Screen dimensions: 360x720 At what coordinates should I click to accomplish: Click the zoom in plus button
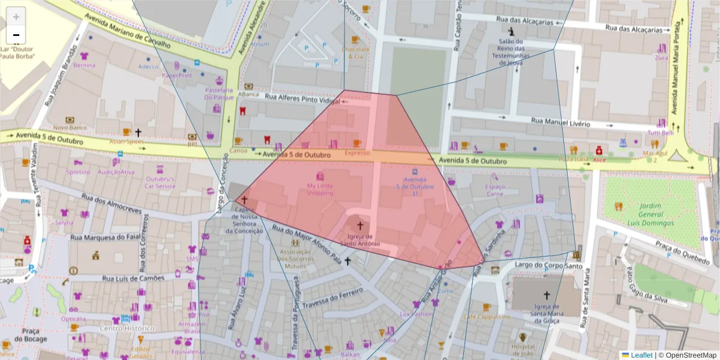point(16,16)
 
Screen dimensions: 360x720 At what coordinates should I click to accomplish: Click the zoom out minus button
point(16,35)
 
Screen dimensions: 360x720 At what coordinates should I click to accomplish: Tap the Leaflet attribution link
point(641,355)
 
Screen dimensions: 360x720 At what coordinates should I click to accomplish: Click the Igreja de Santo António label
point(361,239)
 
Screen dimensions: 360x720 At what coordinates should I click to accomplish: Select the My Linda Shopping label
point(319,189)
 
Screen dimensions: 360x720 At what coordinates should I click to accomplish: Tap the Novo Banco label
point(70,127)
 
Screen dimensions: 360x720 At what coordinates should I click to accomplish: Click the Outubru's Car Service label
point(160,182)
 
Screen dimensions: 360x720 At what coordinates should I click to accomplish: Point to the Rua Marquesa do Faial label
point(104,238)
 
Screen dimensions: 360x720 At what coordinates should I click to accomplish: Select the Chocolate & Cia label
point(355,52)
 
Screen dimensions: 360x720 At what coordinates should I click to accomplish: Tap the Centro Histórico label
point(127,328)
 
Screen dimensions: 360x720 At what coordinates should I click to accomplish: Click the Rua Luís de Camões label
point(133,278)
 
